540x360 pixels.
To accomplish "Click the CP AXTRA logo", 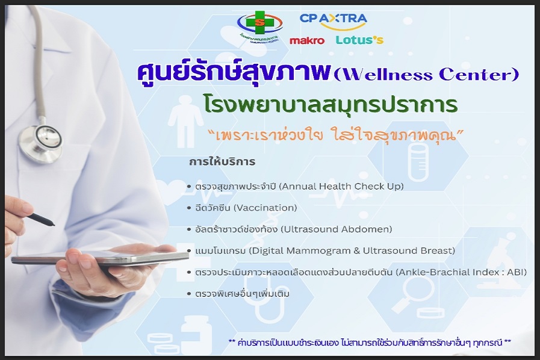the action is (333, 21).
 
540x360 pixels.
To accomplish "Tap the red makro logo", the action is (307, 41).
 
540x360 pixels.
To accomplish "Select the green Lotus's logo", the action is (359, 40).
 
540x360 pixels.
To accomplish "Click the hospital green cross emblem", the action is (260, 23).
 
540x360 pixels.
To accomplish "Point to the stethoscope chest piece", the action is (40, 140).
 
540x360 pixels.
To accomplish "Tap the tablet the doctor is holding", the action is (100, 256).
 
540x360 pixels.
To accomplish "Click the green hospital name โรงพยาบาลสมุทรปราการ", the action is (331, 104).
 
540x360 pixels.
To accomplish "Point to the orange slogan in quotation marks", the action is (336, 135).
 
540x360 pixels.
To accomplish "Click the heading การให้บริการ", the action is (222, 161).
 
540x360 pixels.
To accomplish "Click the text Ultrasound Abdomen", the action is (337, 229).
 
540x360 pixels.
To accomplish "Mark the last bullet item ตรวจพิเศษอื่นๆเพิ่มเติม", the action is (242, 294).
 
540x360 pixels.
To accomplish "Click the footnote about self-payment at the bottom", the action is (370, 343).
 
